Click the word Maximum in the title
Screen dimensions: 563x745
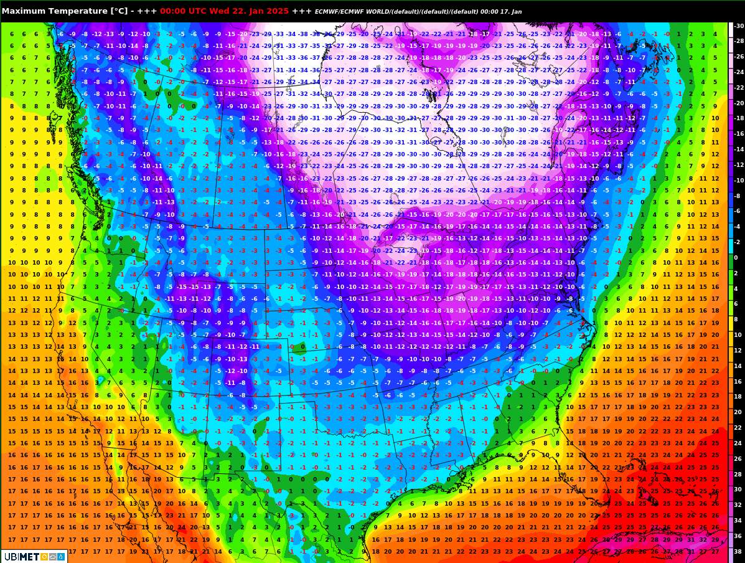tap(23, 11)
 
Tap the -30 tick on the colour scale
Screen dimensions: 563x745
tap(738, 26)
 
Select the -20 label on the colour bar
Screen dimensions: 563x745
tap(738, 103)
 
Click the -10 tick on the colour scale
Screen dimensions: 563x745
tap(738, 181)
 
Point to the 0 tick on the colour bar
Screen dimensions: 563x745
tap(735, 257)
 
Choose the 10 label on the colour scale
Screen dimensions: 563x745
tap(738, 334)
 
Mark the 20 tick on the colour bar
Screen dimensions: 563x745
tap(738, 412)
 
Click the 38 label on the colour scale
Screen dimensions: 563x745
tap(738, 551)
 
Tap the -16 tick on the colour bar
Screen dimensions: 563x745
tap(738, 134)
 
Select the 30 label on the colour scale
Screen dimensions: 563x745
tap(738, 489)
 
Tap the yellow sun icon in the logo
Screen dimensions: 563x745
tap(44, 556)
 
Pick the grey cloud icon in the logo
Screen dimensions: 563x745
tap(52, 556)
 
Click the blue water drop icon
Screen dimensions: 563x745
tap(60, 556)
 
